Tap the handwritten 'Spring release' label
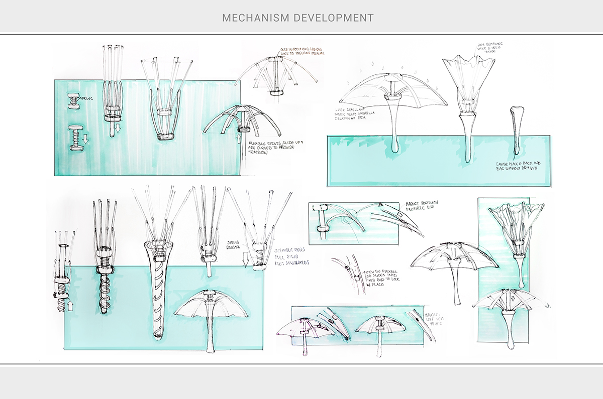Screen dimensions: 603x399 [236, 243]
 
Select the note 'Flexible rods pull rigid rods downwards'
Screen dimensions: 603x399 [291, 256]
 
